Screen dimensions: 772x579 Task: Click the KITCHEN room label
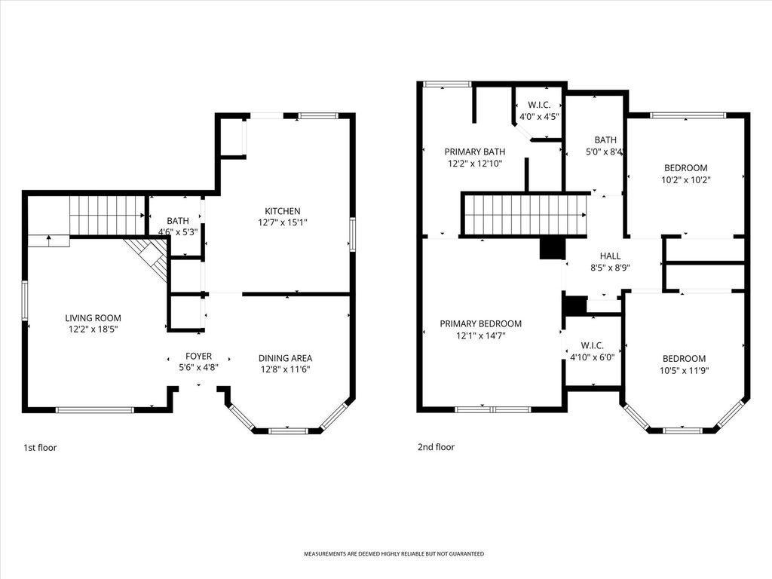point(283,211)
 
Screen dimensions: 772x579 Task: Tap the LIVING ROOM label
point(93,318)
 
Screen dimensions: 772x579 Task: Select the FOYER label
point(198,356)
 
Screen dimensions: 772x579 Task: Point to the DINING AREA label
point(286,358)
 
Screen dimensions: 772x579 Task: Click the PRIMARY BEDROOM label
point(480,323)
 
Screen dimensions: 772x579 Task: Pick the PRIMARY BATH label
point(475,152)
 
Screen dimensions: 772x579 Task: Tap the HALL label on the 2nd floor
point(611,256)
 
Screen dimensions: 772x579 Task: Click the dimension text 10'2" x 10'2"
point(686,180)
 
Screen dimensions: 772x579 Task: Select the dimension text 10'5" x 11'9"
point(685,371)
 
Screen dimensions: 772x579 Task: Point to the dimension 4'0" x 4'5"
point(540,117)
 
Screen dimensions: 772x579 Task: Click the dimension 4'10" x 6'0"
point(593,357)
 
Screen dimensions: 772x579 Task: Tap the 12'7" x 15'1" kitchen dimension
point(283,222)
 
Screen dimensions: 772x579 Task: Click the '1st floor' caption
point(40,448)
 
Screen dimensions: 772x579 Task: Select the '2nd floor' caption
point(437,447)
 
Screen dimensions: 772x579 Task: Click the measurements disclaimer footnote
point(394,554)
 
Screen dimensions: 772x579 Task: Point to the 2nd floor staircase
point(525,215)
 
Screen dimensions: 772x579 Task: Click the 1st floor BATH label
point(178,221)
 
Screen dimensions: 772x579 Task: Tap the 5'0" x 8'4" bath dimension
point(605,152)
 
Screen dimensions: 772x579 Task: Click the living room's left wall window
point(24,301)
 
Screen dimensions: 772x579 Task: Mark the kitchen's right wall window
point(353,235)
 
